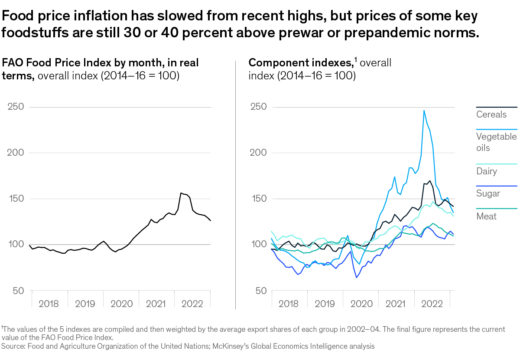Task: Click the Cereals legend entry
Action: (x=491, y=115)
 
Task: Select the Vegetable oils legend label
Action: (x=496, y=142)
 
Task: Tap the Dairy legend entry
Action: (x=486, y=171)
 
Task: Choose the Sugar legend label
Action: (x=488, y=193)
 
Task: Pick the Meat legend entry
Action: (x=486, y=216)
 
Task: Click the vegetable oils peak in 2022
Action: (x=424, y=110)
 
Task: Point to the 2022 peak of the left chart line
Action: (x=181, y=193)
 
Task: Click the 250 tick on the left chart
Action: (x=16, y=107)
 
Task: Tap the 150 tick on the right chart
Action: (x=258, y=199)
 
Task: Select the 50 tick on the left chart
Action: (x=19, y=291)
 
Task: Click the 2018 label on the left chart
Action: (x=49, y=304)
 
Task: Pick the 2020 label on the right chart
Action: (x=361, y=304)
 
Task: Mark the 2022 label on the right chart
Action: (x=432, y=304)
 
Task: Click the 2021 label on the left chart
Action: (x=156, y=304)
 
